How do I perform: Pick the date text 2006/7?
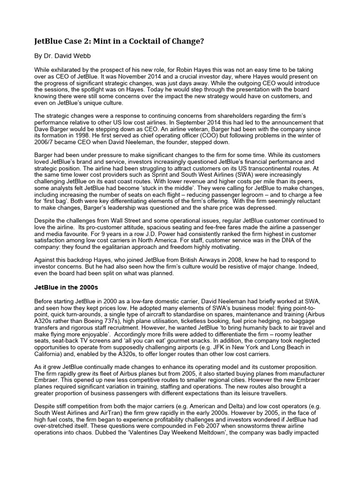point(46,142)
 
